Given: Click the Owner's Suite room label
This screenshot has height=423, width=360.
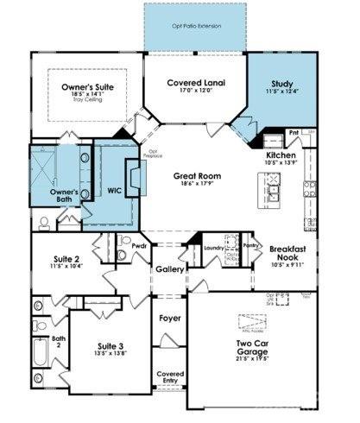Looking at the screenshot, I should coord(88,88).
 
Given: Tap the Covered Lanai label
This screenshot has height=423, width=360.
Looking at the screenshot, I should coord(195,82).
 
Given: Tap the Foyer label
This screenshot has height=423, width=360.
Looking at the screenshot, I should coord(170,318).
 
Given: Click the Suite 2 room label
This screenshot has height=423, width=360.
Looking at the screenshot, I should coord(66,258).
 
